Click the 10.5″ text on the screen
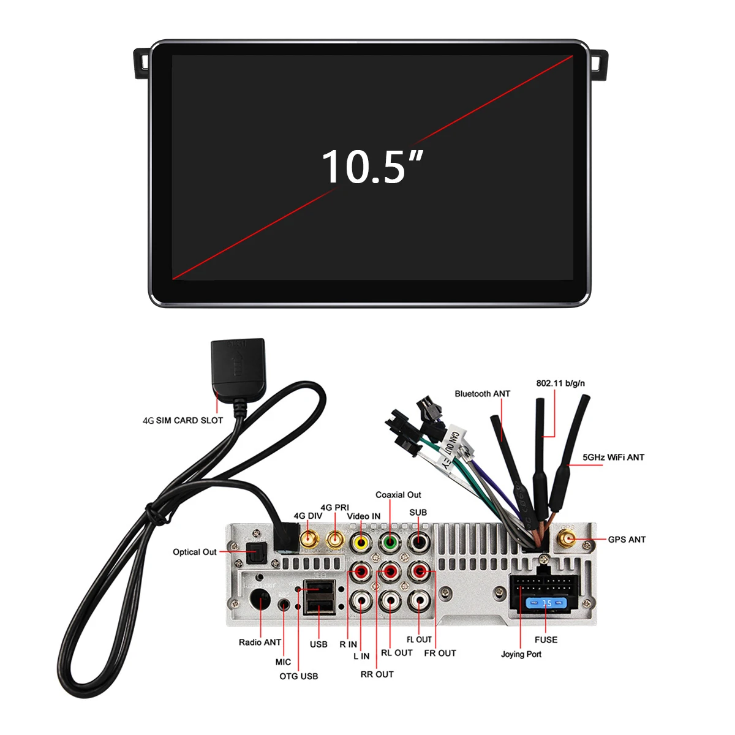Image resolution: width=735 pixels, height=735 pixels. (x=372, y=167)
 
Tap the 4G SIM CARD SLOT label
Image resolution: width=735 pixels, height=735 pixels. (x=183, y=420)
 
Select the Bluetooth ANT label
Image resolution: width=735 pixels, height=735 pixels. (x=482, y=394)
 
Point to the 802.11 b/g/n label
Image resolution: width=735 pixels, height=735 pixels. (x=560, y=383)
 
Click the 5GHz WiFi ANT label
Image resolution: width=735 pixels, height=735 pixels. (x=613, y=457)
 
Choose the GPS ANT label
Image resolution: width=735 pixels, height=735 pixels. (x=627, y=540)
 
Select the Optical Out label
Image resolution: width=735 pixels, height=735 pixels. (x=195, y=552)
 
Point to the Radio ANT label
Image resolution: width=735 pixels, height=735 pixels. (x=260, y=642)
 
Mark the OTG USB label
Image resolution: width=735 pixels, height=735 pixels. (x=299, y=676)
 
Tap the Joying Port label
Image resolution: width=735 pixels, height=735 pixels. (x=521, y=654)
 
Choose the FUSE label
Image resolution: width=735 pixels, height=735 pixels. (x=546, y=639)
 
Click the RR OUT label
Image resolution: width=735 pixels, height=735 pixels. (x=377, y=674)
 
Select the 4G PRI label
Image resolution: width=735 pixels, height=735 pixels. (x=334, y=508)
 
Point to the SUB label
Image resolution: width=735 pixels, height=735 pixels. (x=418, y=513)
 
